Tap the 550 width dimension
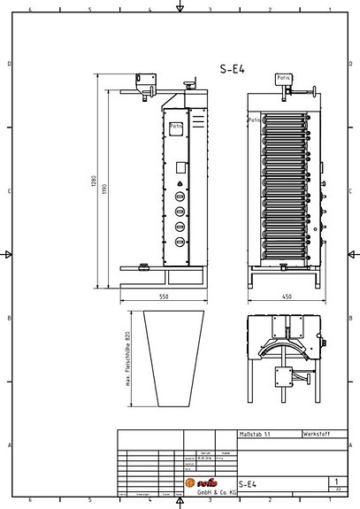pos(164,297)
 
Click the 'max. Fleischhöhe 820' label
pos(128,359)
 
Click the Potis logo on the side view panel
pos(176,126)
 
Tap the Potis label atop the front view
pos(283,79)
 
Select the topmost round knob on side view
pos(180,197)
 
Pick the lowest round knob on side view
pos(180,242)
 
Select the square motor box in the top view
pos(285,378)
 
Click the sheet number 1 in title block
pos(335,482)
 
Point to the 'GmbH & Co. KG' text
pos(216,492)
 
